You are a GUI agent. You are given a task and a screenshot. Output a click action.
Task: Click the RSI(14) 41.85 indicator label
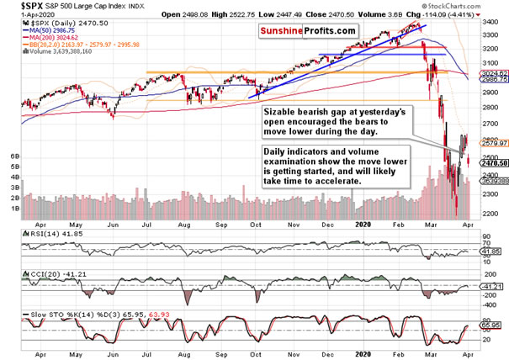tap(28, 231)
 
